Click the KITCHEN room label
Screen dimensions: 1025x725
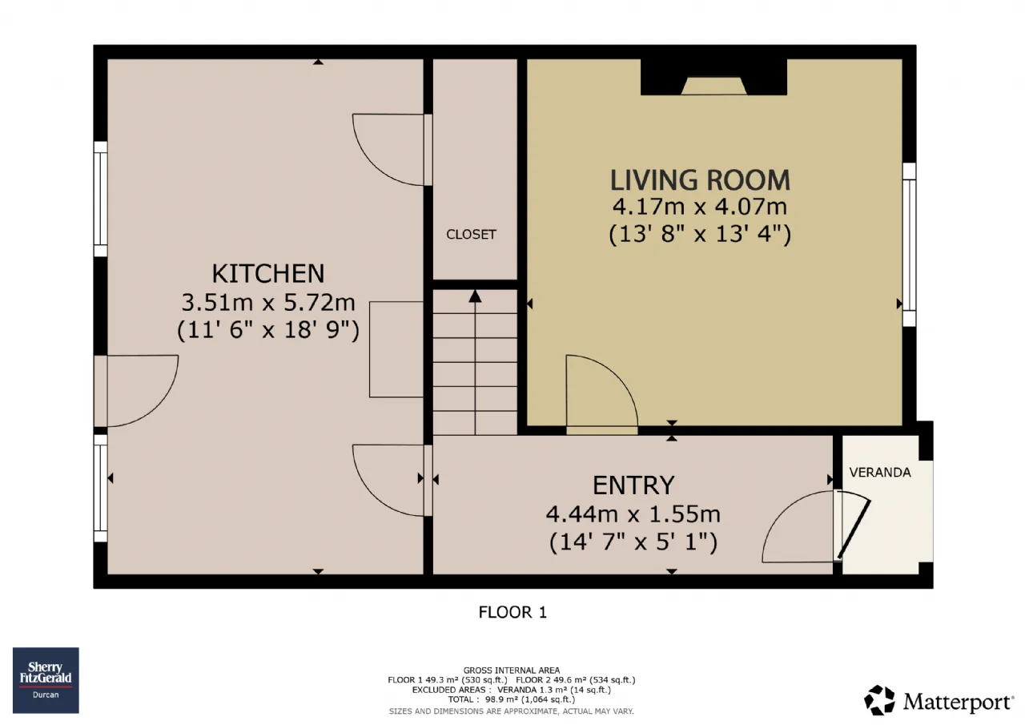(268, 273)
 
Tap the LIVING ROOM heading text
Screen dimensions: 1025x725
(700, 180)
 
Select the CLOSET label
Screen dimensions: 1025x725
(471, 235)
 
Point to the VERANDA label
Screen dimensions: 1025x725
(880, 473)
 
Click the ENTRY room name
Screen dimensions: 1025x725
(633, 485)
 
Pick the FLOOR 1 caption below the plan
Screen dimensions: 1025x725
(512, 612)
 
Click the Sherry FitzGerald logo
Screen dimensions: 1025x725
(46, 680)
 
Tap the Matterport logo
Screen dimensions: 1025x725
(939, 700)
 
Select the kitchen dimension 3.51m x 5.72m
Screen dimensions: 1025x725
(268, 302)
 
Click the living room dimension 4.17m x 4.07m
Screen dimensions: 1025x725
(700, 207)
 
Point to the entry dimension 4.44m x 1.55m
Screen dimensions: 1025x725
(633, 514)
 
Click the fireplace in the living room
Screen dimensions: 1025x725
(713, 77)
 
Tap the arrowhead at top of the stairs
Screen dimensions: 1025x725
(475, 296)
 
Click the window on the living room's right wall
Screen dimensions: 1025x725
(909, 244)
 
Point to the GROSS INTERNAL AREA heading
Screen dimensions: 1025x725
(512, 671)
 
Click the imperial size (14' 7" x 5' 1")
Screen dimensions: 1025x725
(633, 543)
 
